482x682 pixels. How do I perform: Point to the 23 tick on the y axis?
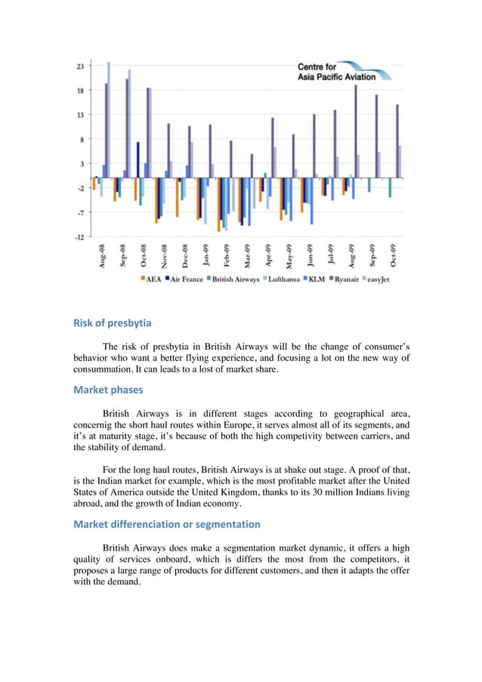(80, 66)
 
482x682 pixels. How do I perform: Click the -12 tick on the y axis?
(79, 236)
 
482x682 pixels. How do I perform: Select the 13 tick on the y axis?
(80, 115)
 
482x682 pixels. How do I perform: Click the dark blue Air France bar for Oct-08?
(137, 159)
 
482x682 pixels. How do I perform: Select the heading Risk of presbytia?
(112, 323)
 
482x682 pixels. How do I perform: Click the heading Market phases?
(107, 390)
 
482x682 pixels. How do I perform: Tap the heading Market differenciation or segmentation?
(166, 524)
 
